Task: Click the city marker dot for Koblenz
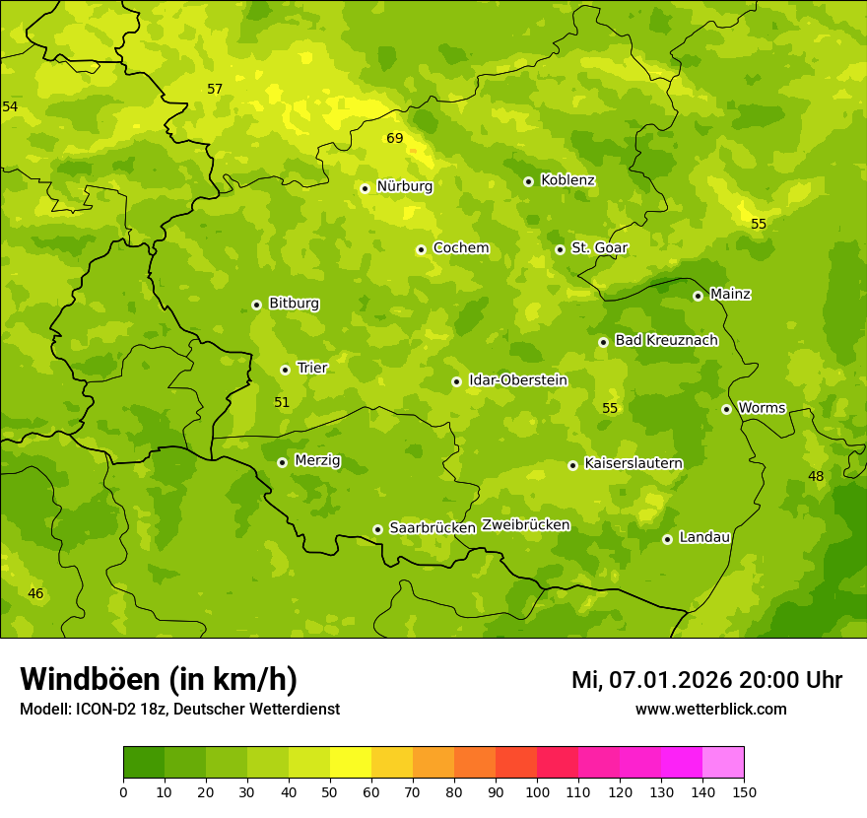[x=528, y=181]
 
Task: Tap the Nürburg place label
[x=404, y=186]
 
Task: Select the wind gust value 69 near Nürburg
[x=394, y=138]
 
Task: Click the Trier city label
[x=311, y=368]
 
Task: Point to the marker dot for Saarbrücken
[x=377, y=529]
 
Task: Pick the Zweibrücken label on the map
[x=525, y=525]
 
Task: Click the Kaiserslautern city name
[x=633, y=463]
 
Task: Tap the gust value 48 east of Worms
[x=816, y=477]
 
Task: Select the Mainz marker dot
[x=698, y=296]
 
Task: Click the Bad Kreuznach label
[x=666, y=340]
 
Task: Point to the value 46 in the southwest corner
[x=35, y=594]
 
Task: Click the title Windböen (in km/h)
[x=159, y=679]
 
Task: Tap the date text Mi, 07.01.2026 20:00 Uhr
[x=706, y=680]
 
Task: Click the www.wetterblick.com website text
[x=710, y=710]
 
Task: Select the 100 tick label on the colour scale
[x=537, y=791]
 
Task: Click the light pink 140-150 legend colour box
[x=723, y=763]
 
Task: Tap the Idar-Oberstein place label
[x=517, y=380]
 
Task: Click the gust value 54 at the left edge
[x=10, y=106]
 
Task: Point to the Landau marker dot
[x=667, y=539]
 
